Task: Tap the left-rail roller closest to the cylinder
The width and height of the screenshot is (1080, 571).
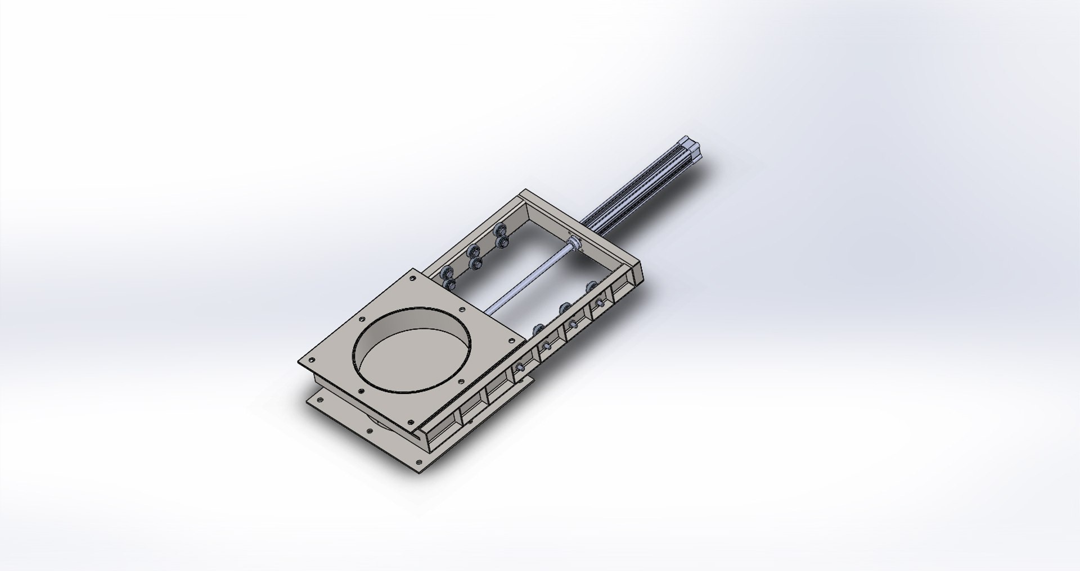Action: coord(499,231)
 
